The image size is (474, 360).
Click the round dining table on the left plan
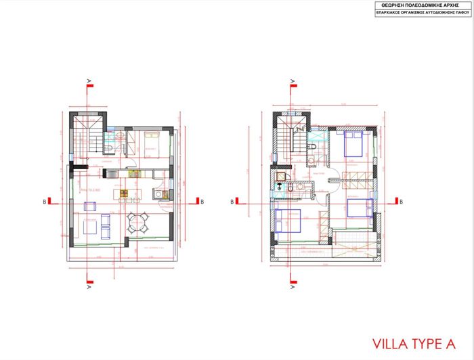139,221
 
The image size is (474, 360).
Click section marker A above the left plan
89,83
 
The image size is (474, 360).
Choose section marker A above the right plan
293,83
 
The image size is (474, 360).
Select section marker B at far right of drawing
401,201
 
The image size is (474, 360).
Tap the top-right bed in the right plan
356,143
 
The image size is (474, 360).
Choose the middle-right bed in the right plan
359,206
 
